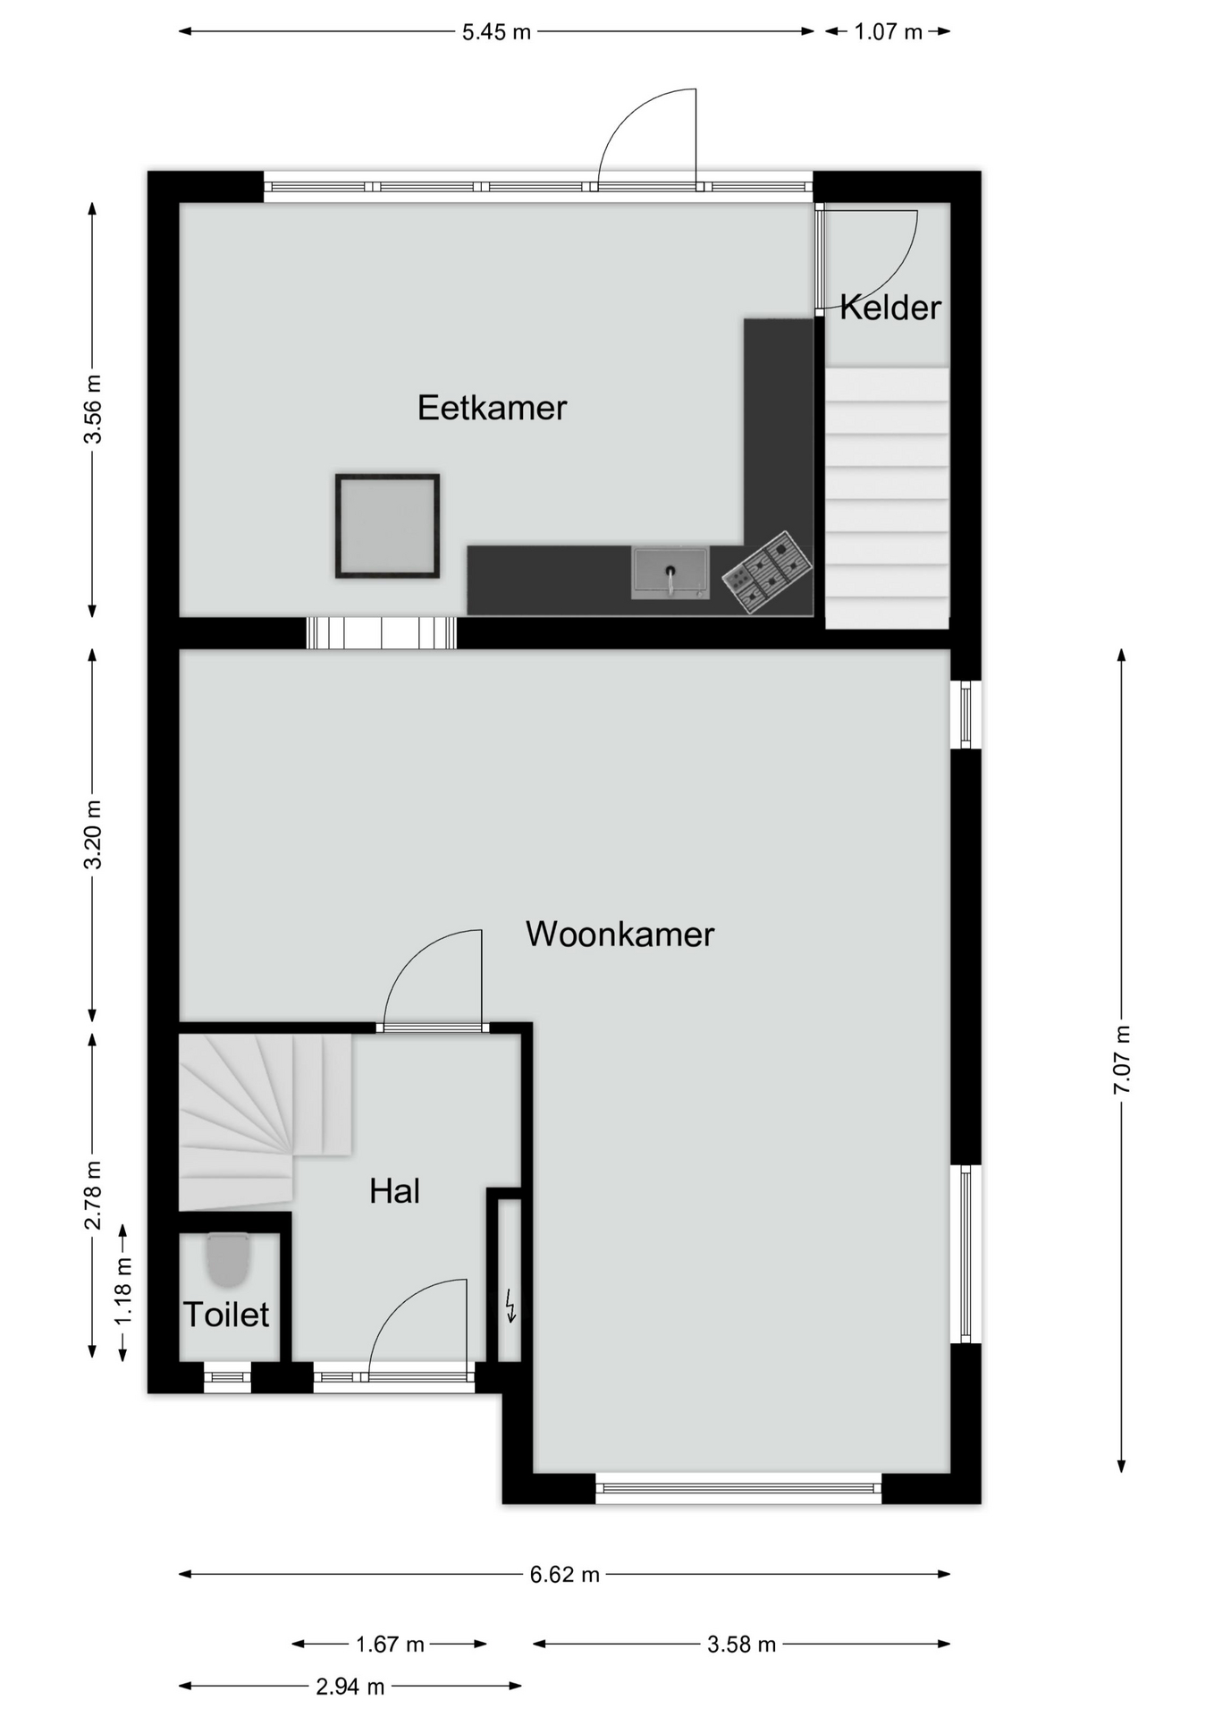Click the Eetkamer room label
click(492, 408)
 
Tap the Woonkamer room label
click(620, 935)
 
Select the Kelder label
click(890, 308)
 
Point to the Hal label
click(394, 1191)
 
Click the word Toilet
click(226, 1315)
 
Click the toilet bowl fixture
click(228, 1259)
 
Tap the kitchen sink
click(670, 572)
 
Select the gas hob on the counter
click(767, 572)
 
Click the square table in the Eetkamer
click(387, 526)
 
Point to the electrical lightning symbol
click(510, 1306)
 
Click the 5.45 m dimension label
click(496, 32)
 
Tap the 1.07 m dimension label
click(888, 32)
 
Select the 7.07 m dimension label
click(1122, 1060)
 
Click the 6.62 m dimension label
click(564, 1575)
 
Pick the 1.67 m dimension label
click(390, 1645)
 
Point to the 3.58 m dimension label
click(741, 1645)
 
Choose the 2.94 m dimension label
click(350, 1687)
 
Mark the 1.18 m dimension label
click(123, 1292)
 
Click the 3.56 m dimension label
click(92, 410)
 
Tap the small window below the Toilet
click(228, 1377)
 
